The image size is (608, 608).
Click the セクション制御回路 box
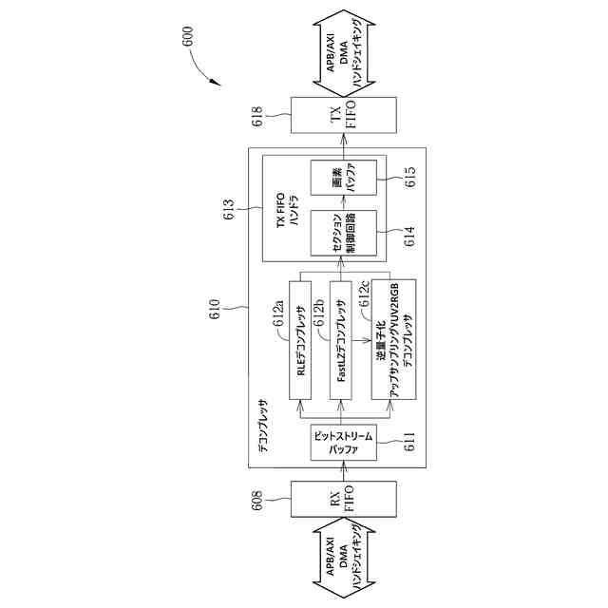click(x=343, y=235)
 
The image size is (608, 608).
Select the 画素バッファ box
click(x=343, y=181)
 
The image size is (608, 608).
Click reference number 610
click(x=217, y=307)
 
